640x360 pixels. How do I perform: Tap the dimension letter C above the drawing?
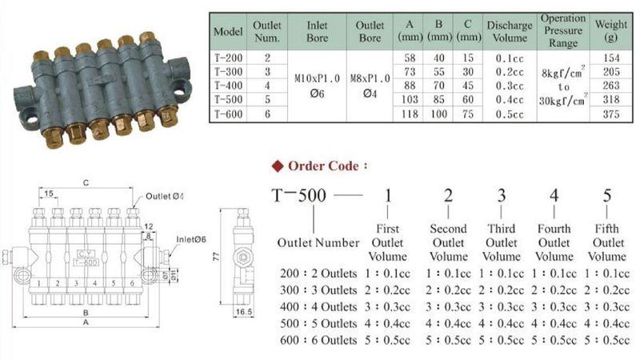(85, 182)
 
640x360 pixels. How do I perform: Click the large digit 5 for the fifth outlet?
(607, 197)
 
